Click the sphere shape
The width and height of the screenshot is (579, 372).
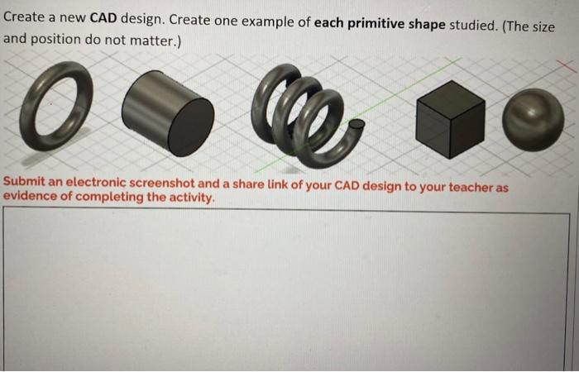tap(533, 118)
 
